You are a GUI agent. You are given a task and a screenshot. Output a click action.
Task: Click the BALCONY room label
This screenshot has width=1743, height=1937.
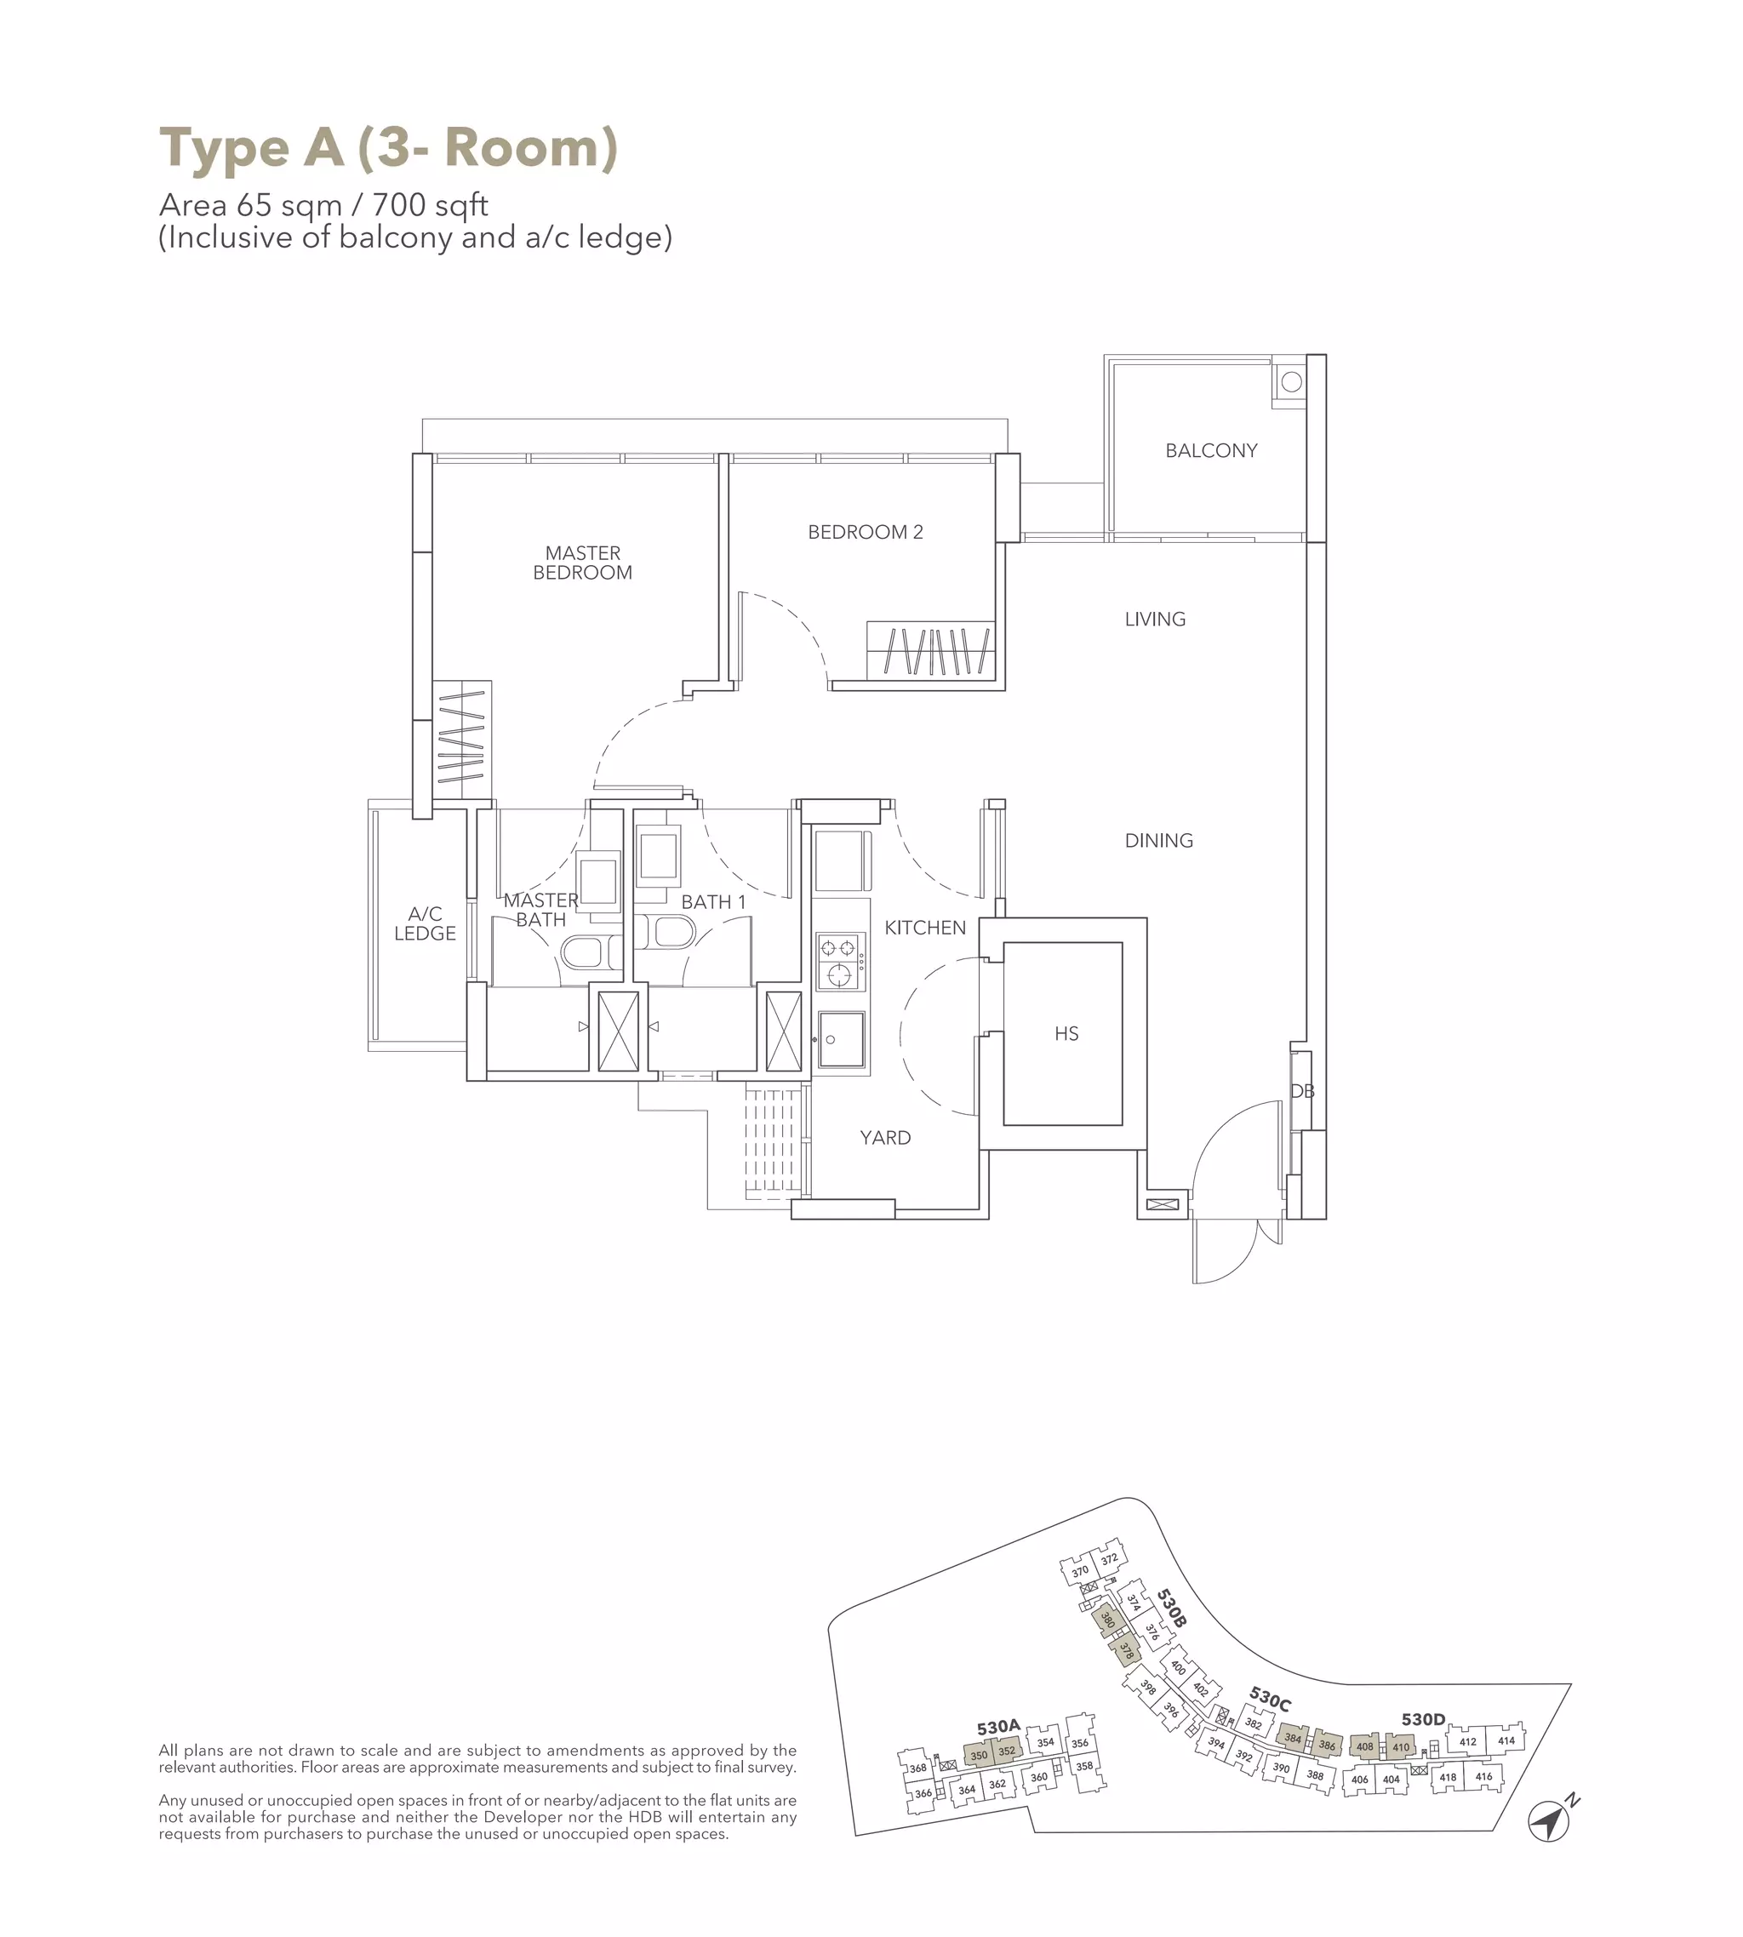pos(1210,450)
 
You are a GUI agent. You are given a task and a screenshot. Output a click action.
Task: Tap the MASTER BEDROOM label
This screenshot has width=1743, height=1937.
pos(582,563)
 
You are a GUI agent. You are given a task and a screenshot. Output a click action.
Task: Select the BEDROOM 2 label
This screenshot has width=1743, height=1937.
pos(865,533)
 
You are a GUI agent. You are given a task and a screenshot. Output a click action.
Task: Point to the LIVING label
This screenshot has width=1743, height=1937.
pos(1154,620)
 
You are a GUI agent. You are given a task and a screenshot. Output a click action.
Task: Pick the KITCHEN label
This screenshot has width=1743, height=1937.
pos(924,928)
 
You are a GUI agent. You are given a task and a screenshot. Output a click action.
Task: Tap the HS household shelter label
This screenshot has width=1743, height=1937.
pos(1066,1033)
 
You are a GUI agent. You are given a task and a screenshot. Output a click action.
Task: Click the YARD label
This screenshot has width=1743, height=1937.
pos(884,1138)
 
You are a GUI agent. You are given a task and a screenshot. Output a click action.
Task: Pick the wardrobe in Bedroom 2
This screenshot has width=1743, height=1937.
pos(930,651)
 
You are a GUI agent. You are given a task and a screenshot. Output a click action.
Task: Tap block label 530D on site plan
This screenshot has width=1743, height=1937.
pos(1422,1720)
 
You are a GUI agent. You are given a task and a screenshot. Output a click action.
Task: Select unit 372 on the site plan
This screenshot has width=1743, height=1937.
pos(1108,1560)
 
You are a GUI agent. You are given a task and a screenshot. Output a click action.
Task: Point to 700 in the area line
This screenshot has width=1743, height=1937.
pos(398,205)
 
